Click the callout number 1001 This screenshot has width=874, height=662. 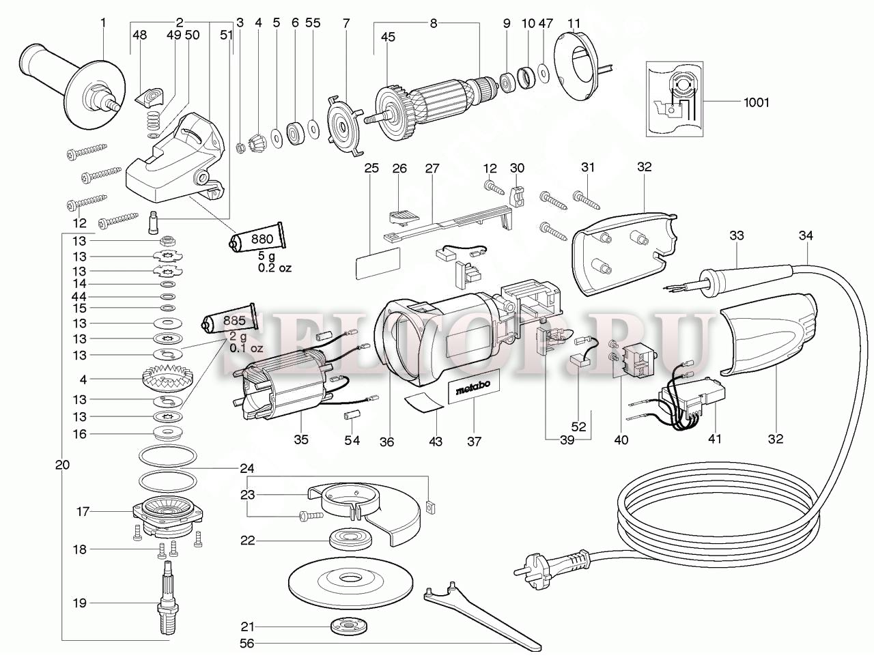click(756, 102)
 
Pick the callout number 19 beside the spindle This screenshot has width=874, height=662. click(80, 603)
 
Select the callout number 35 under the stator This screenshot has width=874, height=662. click(301, 440)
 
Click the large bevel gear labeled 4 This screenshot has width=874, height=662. click(168, 378)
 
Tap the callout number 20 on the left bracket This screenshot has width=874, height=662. click(63, 465)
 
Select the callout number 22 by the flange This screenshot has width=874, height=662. click(247, 541)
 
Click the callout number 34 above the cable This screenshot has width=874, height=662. click(806, 236)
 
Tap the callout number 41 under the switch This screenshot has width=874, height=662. click(714, 440)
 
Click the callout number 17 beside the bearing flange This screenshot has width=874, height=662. click(83, 511)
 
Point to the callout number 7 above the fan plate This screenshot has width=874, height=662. click(346, 23)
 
